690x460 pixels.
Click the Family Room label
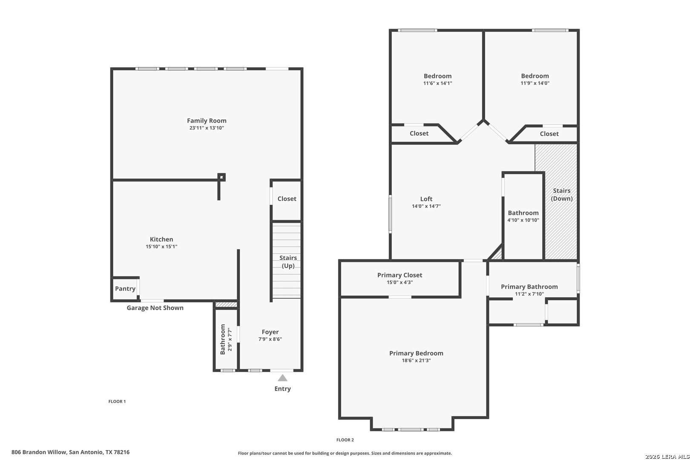(207, 121)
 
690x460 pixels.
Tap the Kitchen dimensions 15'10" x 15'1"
(161, 247)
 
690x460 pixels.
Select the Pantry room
(125, 289)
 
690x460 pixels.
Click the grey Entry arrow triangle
(282, 378)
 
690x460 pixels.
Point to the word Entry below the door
(282, 389)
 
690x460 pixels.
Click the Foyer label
(270, 332)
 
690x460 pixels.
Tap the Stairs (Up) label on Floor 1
(288, 262)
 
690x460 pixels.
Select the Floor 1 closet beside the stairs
(287, 200)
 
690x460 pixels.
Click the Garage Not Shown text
(155, 308)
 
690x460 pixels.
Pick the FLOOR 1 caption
(117, 401)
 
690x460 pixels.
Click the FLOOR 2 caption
(345, 440)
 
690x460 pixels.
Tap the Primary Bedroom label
(416, 353)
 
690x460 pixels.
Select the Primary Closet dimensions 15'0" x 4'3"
(400, 282)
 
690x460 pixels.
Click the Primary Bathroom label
(529, 287)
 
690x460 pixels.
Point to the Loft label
(426, 199)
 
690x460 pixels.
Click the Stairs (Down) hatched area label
(561, 194)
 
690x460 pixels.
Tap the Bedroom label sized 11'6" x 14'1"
(437, 76)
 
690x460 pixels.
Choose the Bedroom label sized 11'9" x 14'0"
(535, 76)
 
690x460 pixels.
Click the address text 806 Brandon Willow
(39, 452)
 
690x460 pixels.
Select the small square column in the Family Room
(221, 177)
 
